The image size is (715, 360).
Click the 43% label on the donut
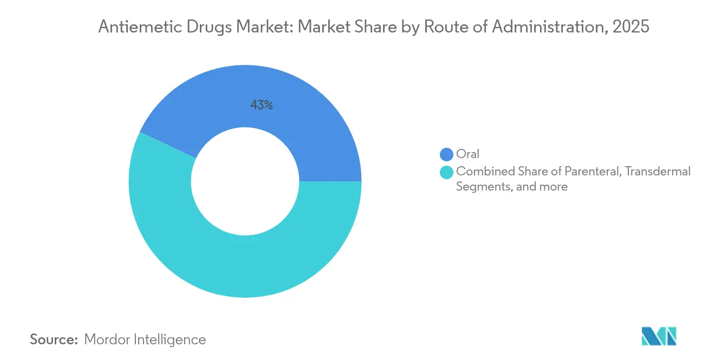pos(262,106)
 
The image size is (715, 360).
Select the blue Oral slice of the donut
pos(303,119)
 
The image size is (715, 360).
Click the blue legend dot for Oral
pos(447,154)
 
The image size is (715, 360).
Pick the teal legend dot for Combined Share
pos(447,172)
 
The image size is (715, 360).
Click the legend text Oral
pos(468,154)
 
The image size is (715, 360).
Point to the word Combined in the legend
pos(481,172)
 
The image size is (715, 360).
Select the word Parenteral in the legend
pos(593,172)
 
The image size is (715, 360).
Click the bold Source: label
pos(54,339)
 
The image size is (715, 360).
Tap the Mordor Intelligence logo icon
pos(659,336)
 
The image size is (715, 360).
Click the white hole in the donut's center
pos(245,181)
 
